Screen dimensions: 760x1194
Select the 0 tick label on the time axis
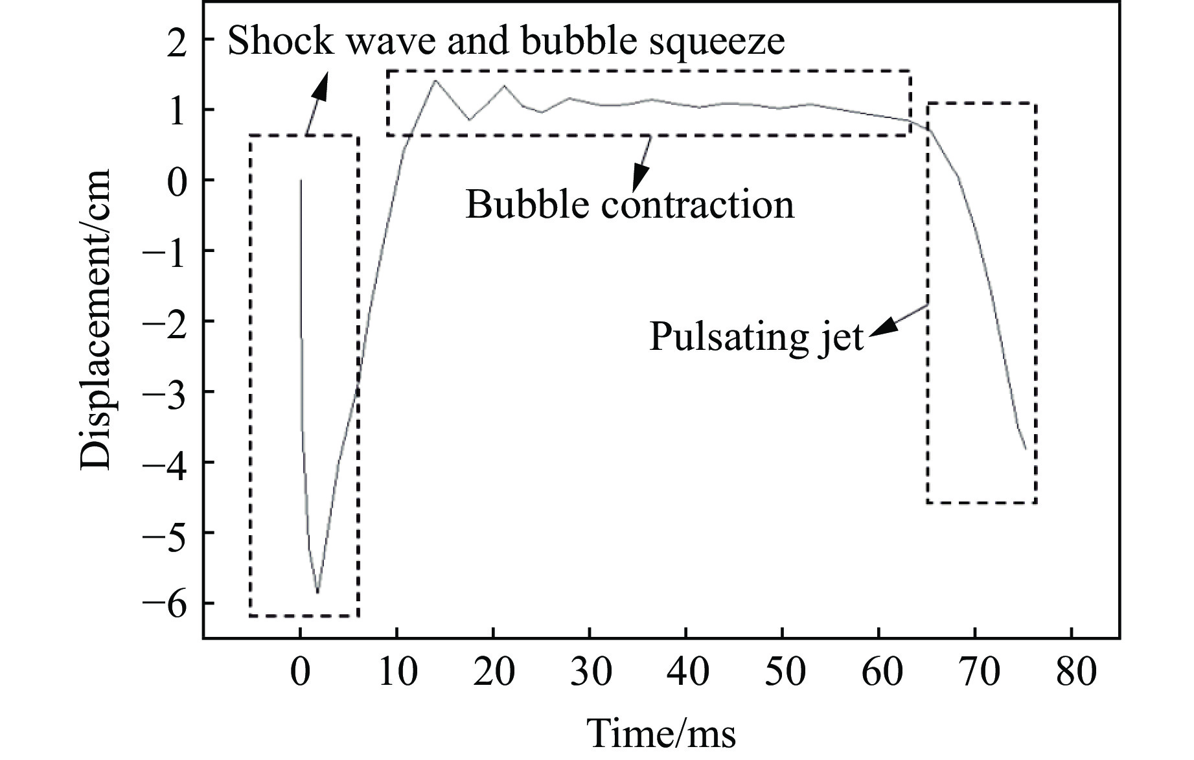click(300, 672)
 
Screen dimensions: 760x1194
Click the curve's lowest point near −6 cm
click(317, 592)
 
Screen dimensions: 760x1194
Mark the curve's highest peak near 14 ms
click(434, 80)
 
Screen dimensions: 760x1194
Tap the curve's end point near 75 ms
click(1026, 448)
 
